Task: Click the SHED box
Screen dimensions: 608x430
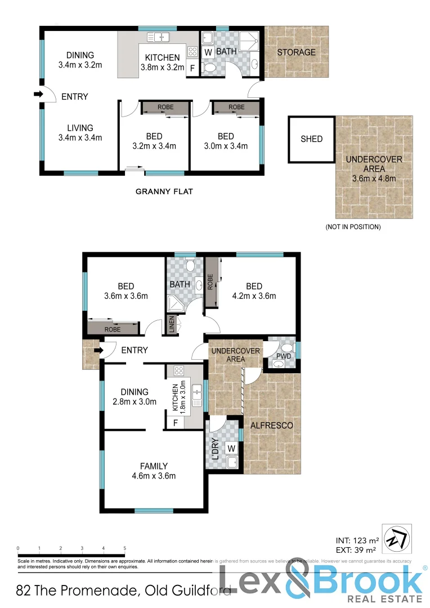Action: point(311,139)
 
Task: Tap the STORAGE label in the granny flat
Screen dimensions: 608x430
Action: point(296,52)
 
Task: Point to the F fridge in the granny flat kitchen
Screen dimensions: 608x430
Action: point(193,69)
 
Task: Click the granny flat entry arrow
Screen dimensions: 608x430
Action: point(38,94)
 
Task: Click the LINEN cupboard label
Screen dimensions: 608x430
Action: point(172,326)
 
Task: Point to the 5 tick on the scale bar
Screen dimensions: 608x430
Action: point(124,548)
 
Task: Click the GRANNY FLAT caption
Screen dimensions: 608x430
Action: point(164,191)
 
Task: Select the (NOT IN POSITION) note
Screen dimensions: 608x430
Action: point(353,227)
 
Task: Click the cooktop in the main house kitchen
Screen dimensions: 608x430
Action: point(180,371)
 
